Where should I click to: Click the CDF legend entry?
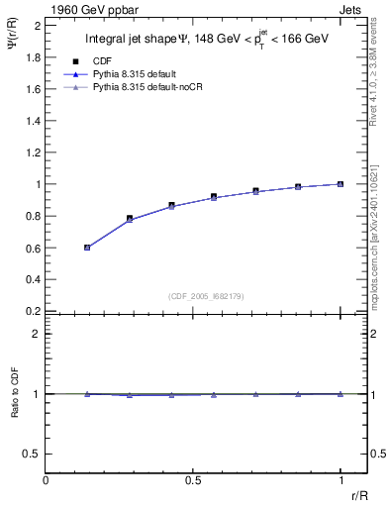pyautogui.click(x=100, y=60)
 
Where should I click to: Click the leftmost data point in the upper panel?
pyautogui.click(x=87, y=248)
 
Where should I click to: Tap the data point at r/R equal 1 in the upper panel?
pyautogui.click(x=340, y=184)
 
